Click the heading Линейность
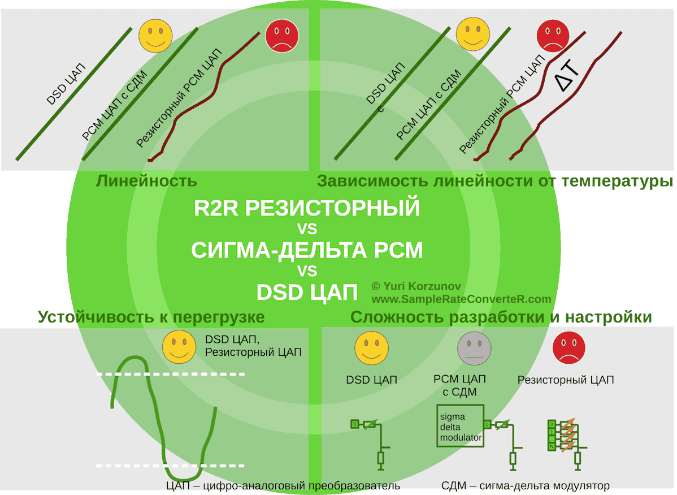[146, 182]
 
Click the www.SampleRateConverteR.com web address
[461, 299]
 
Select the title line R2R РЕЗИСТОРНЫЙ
[307, 208]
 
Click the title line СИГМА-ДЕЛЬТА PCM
[307, 250]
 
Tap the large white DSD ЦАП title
[307, 292]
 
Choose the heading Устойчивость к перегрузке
[151, 317]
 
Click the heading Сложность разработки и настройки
[501, 317]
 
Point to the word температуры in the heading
[618, 182]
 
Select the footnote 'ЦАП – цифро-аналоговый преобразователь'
[283, 486]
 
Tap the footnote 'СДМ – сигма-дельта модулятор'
[525, 486]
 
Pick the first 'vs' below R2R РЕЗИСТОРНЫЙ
[307, 229]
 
